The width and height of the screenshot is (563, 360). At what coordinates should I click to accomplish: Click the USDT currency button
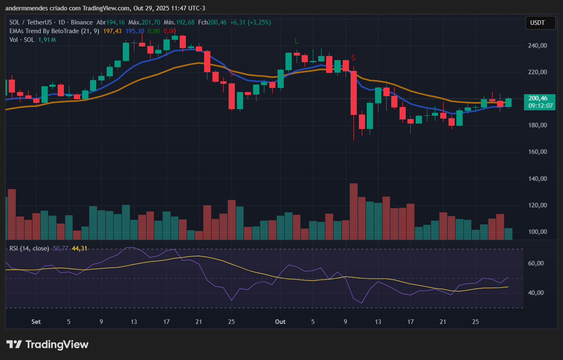540,23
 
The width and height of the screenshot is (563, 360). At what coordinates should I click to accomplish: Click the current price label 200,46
538,98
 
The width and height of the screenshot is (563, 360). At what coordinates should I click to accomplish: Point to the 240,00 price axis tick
538,46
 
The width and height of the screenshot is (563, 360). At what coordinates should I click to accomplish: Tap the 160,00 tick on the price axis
538,152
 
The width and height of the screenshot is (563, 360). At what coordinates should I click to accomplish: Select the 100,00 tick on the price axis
538,232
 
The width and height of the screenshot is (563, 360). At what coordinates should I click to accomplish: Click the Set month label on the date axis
36,322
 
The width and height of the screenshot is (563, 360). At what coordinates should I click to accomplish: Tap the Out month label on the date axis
280,322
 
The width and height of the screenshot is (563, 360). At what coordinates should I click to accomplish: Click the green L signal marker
296,41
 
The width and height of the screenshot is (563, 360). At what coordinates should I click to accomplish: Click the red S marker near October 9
354,58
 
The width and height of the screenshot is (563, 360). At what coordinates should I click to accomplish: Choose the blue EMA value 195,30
135,31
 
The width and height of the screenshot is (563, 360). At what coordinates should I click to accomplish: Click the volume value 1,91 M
47,40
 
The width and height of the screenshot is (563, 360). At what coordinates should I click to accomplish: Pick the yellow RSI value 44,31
79,248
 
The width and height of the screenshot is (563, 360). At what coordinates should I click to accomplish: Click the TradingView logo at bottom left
47,344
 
